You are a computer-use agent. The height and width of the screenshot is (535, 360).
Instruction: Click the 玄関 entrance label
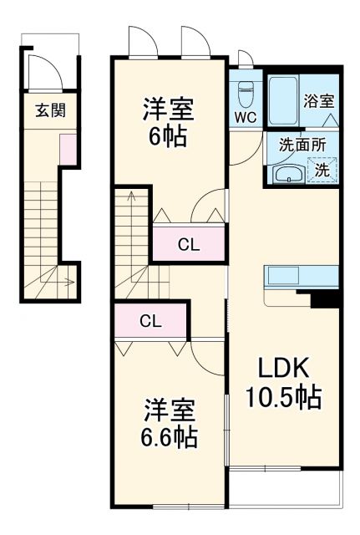pyautogui.click(x=51, y=110)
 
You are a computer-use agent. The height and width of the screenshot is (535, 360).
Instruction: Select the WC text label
pyautogui.click(x=245, y=117)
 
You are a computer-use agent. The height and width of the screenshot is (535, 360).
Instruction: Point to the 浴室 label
pyautogui.click(x=319, y=101)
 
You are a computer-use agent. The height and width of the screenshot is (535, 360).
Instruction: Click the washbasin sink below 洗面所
pyautogui.click(x=289, y=174)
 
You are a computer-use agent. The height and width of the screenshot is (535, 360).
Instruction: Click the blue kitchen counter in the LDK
pyautogui.click(x=301, y=276)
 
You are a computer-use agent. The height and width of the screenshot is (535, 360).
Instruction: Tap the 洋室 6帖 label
pyautogui.click(x=170, y=121)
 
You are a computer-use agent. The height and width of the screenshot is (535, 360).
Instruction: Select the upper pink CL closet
pyautogui.click(x=189, y=244)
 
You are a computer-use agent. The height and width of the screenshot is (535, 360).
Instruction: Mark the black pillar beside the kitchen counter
pyautogui.click(x=326, y=298)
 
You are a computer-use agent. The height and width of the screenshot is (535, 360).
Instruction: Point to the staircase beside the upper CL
pyautogui.click(x=132, y=238)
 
